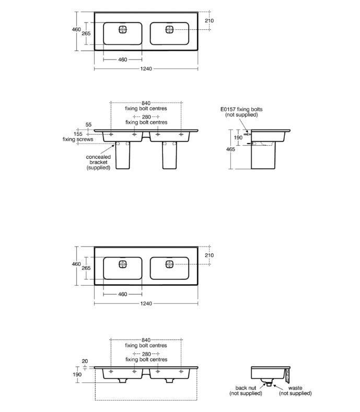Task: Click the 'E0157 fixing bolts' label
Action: pyautogui.click(x=241, y=109)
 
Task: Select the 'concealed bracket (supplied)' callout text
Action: pyautogui.click(x=98, y=161)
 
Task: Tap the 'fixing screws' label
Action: pyautogui.click(x=78, y=139)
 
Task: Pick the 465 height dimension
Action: pyautogui.click(x=230, y=149)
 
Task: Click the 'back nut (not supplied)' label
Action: pyautogui.click(x=245, y=391)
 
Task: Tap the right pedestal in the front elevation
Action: pyautogui.click(x=170, y=156)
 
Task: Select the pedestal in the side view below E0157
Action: pyautogui.click(x=263, y=156)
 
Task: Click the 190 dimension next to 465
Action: pyautogui.click(x=238, y=137)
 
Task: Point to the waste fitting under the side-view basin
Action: pyautogui.click(x=268, y=384)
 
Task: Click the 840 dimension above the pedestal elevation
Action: pyautogui.click(x=146, y=103)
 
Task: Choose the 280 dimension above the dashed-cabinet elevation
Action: pyautogui.click(x=146, y=354)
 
